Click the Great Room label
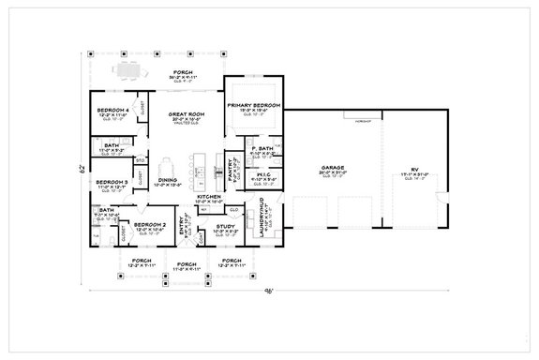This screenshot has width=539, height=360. tap(182, 114)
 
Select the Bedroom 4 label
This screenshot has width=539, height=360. tap(112, 112)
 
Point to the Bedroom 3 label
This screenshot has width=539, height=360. tap(112, 183)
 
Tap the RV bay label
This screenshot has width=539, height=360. tap(412, 170)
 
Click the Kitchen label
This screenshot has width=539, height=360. tap(208, 197)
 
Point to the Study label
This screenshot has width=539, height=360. tap(225, 225)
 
